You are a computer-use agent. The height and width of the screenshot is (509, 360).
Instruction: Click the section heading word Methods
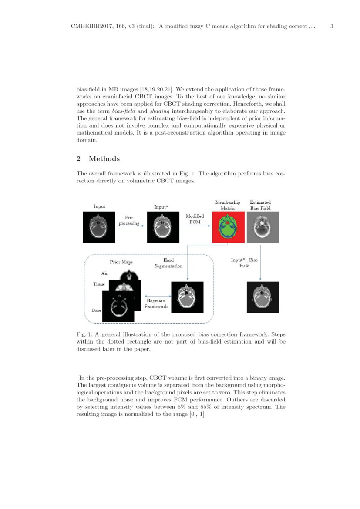[x=104, y=159]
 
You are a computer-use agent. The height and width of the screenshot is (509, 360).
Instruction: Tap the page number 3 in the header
[x=332, y=27]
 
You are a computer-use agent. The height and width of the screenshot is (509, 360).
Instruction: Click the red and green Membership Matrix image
[x=228, y=227]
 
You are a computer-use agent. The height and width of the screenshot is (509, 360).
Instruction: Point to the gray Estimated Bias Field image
[x=260, y=227]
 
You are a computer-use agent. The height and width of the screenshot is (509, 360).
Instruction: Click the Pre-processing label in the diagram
[x=129, y=220]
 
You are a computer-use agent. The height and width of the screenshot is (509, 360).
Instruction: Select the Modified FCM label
[x=195, y=219]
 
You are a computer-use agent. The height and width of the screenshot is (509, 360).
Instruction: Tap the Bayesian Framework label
[x=156, y=303]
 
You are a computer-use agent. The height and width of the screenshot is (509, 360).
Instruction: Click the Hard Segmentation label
[x=168, y=263]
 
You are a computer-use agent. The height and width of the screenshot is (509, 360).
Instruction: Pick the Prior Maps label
[x=121, y=262]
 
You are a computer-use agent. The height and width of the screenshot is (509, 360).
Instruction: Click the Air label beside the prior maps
[x=104, y=273]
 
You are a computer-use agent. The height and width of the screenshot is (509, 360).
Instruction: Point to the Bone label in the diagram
[x=96, y=310]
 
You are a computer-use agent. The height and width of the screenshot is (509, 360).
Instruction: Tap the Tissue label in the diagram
[x=99, y=284]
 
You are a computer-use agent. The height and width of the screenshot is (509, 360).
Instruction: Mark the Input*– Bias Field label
[x=244, y=263]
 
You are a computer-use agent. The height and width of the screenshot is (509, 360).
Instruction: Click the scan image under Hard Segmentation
[x=187, y=297]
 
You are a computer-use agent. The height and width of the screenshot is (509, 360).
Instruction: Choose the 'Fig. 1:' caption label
[x=84, y=334]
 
